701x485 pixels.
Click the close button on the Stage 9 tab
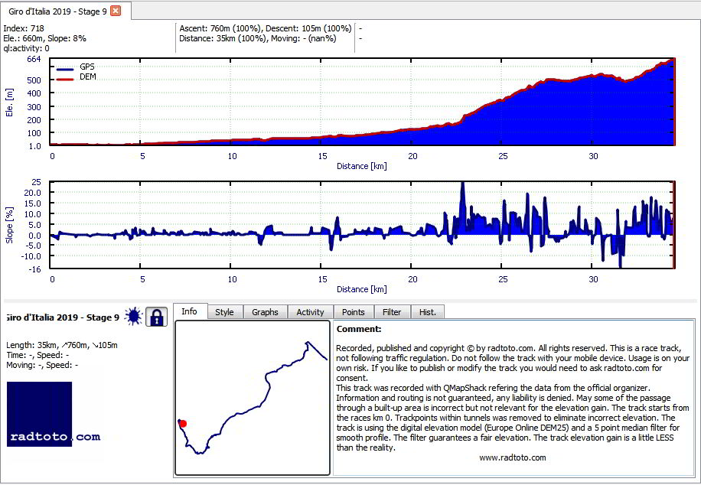pos(116,11)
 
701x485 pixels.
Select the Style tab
pos(224,312)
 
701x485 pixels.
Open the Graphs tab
pos(265,312)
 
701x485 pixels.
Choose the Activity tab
pos(310,312)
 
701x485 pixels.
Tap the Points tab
pos(354,312)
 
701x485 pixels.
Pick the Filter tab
pos(392,312)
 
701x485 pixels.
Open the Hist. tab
pos(427,312)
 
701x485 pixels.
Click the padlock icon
pos(156,317)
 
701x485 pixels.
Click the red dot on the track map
pos(183,423)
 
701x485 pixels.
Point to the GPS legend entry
pos(76,67)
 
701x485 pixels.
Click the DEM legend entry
pos(77,77)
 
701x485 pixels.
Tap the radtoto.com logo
pos(54,415)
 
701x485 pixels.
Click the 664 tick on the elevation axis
pos(34,59)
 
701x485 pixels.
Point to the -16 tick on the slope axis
pos(35,269)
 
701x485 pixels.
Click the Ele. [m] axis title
pos(9,103)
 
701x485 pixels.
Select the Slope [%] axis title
pos(9,226)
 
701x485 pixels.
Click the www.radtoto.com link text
pos(512,457)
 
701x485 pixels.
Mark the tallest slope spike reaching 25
pos(463,184)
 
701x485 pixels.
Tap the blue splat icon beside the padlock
pos(133,317)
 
